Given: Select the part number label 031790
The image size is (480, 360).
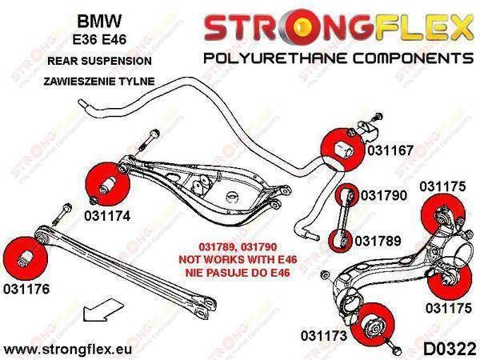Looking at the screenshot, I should pyautogui.click(x=384, y=194).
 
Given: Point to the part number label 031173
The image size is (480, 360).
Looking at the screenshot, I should pyautogui.click(x=325, y=334).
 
